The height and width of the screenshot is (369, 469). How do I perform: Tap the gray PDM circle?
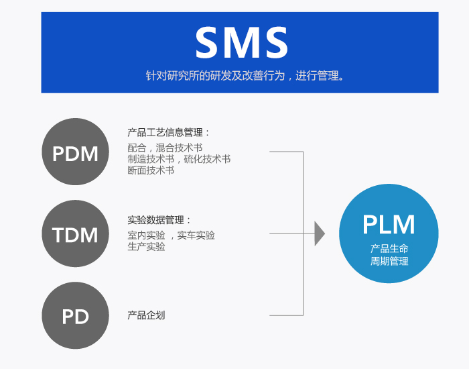[x=75, y=154]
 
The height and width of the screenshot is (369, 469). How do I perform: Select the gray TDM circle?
[x=75, y=234]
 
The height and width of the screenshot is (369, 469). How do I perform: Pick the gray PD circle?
[x=75, y=315]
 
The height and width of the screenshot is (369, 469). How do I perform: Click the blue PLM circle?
[x=389, y=233]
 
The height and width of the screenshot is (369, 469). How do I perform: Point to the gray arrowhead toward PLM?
[x=320, y=233]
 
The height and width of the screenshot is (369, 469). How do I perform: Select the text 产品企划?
[x=146, y=315]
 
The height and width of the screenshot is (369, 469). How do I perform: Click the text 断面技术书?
[x=151, y=170]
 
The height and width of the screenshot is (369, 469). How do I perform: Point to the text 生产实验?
[x=146, y=246]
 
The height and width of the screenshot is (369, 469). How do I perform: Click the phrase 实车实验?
[x=196, y=235]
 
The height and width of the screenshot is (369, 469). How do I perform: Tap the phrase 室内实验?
[x=146, y=235]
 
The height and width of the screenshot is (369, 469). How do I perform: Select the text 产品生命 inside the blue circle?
[x=389, y=248]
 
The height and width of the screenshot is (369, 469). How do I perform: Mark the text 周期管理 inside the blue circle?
[x=389, y=261]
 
